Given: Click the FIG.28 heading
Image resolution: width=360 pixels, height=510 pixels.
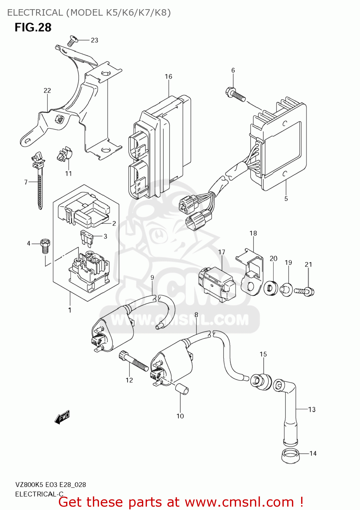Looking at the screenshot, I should click(33, 27).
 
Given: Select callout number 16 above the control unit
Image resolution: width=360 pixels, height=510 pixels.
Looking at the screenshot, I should click(168, 76).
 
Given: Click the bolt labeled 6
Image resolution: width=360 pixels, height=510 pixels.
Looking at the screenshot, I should click(235, 94).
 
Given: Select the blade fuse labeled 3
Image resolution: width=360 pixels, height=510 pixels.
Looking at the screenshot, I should click(87, 238).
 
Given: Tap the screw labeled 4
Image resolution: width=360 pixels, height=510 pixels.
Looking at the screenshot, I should click(45, 246).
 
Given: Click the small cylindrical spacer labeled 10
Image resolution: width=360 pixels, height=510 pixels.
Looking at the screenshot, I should click(182, 388).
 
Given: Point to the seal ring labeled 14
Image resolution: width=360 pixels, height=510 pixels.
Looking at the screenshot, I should click(290, 455).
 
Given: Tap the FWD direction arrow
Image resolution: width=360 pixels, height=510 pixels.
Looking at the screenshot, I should click(62, 417).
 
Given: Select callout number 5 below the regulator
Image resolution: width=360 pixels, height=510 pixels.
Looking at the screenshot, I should click(286, 199).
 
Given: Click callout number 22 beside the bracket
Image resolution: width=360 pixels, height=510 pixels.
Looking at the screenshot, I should click(47, 90).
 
